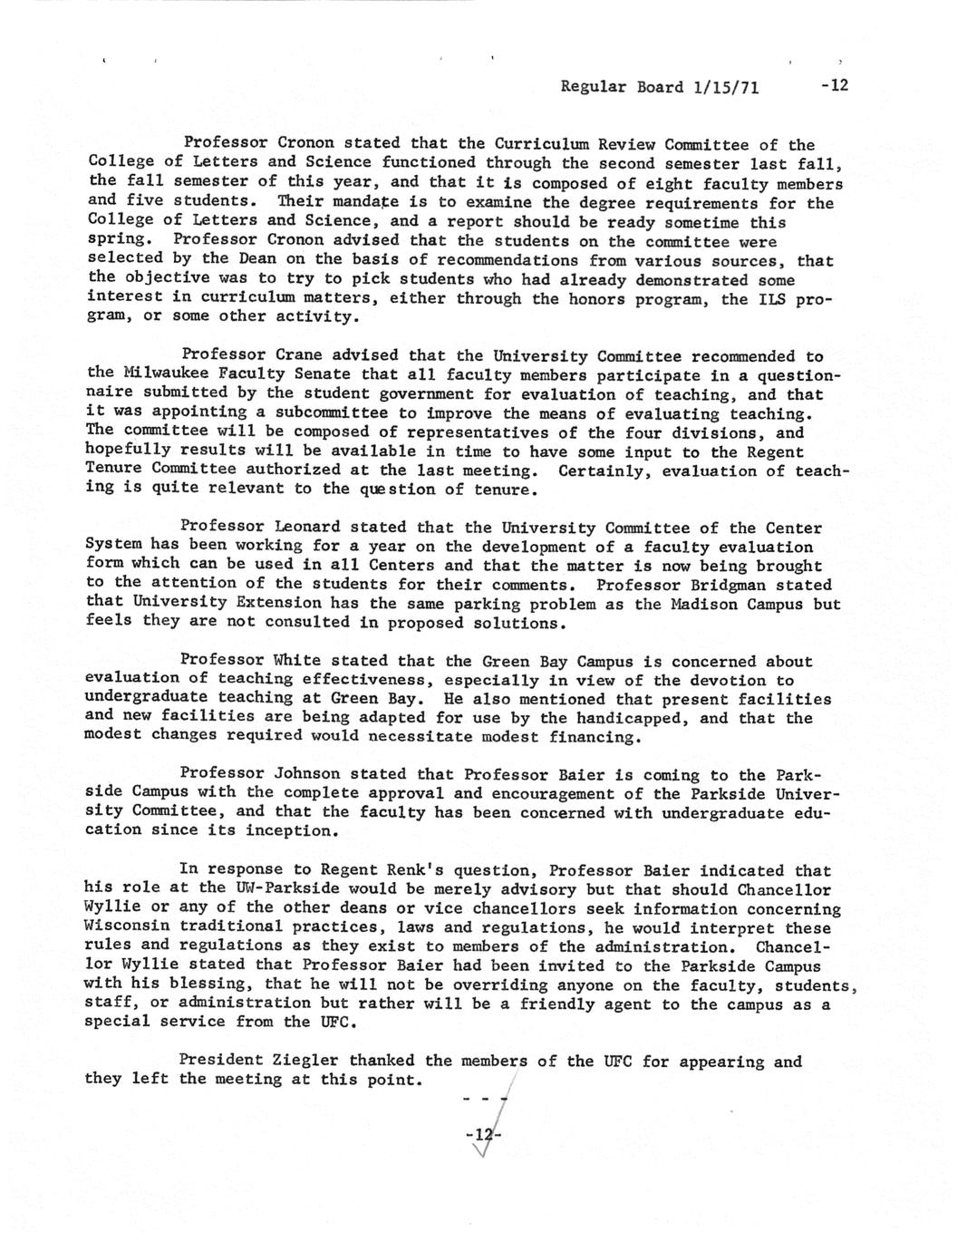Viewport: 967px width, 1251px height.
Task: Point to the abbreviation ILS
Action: tap(771, 298)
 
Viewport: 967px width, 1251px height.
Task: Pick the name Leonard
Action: tap(306, 527)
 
